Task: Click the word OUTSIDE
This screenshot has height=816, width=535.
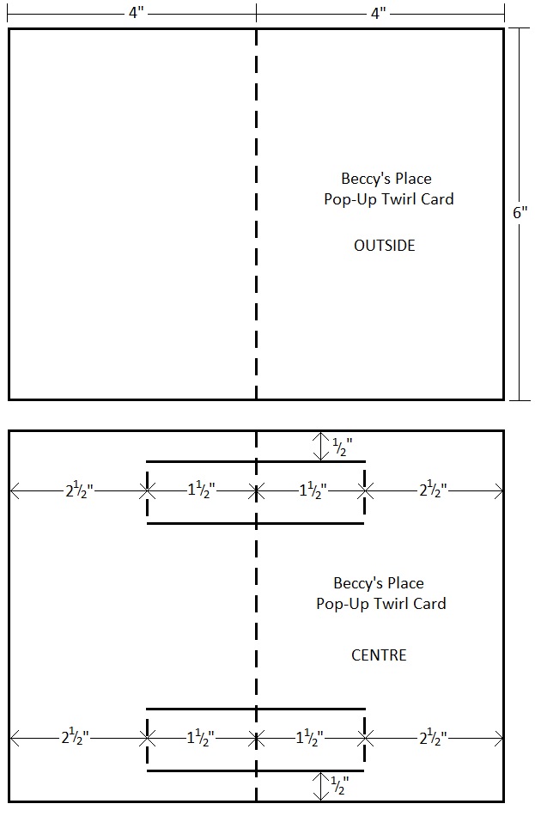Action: click(x=384, y=246)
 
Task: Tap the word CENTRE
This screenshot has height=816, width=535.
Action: click(x=379, y=655)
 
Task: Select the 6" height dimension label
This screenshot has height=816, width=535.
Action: click(x=520, y=213)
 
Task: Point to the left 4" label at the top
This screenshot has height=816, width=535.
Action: click(x=137, y=13)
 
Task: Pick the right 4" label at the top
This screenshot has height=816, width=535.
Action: click(x=379, y=13)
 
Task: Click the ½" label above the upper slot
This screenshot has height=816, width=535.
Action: click(x=342, y=446)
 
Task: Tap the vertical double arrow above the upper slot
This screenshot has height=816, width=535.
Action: click(x=319, y=446)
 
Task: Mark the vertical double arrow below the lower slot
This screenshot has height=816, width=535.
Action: click(x=319, y=785)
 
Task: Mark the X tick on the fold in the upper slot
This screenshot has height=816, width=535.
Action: click(x=256, y=491)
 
